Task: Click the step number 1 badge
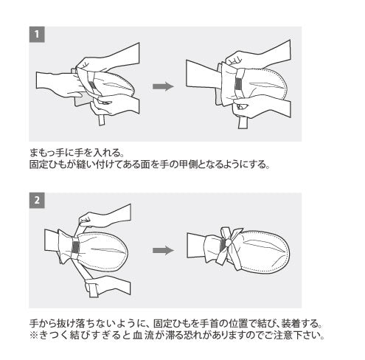click(x=37, y=35)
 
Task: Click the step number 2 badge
click(x=37, y=200)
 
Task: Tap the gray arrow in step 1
click(x=163, y=86)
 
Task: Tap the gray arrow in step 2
click(x=163, y=251)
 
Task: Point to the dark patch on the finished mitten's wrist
click(x=223, y=244)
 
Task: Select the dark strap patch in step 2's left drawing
click(x=75, y=247)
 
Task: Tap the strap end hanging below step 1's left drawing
click(x=101, y=120)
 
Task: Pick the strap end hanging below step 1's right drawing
click(x=243, y=123)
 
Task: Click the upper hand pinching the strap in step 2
click(x=105, y=215)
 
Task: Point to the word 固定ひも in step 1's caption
click(x=48, y=165)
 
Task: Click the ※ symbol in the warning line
click(x=34, y=335)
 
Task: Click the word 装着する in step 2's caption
click(x=299, y=323)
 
